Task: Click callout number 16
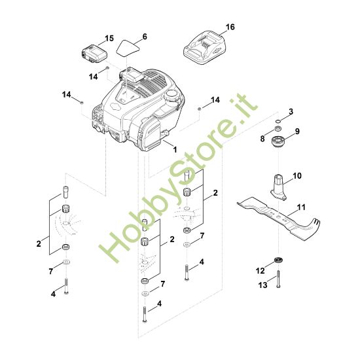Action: (x=230, y=27)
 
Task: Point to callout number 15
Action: (x=109, y=38)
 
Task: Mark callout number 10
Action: (x=297, y=175)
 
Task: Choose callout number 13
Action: (x=262, y=285)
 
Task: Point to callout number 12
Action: (x=260, y=270)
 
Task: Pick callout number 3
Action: (x=291, y=111)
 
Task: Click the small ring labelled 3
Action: (x=278, y=120)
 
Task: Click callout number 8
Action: (x=262, y=139)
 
